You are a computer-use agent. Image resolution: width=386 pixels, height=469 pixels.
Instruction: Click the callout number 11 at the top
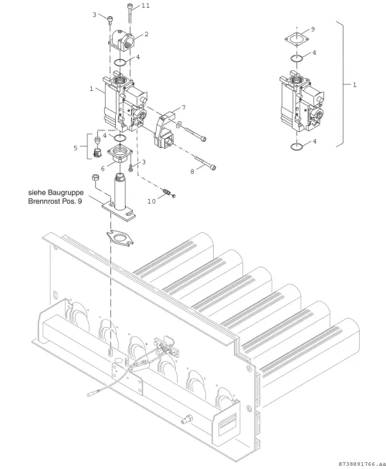tap(145, 5)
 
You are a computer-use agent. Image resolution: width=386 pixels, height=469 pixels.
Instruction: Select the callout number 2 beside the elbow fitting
tap(146, 34)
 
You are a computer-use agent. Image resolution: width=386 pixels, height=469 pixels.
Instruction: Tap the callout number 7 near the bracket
tap(184, 107)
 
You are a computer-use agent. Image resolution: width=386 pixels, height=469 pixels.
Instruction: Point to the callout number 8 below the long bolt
tap(192, 171)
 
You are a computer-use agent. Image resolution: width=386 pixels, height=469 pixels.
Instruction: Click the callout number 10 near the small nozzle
tap(151, 201)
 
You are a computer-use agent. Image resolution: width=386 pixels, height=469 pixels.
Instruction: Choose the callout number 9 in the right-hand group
tap(313, 29)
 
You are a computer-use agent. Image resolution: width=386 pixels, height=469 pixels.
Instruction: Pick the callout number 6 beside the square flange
tap(103, 169)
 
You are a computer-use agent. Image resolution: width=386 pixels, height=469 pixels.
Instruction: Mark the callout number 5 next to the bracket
tap(76, 148)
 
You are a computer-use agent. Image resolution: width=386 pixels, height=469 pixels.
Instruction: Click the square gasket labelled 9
tap(296, 39)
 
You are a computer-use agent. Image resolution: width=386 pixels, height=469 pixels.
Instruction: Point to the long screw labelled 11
tap(130, 13)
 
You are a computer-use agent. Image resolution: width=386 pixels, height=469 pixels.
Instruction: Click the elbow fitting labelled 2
tap(122, 42)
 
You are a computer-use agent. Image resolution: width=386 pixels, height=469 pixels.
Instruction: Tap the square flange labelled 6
tap(120, 154)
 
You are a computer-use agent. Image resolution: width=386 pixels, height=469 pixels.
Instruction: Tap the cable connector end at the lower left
tap(91, 394)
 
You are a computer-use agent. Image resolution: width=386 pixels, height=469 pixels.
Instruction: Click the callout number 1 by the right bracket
tap(354, 85)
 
